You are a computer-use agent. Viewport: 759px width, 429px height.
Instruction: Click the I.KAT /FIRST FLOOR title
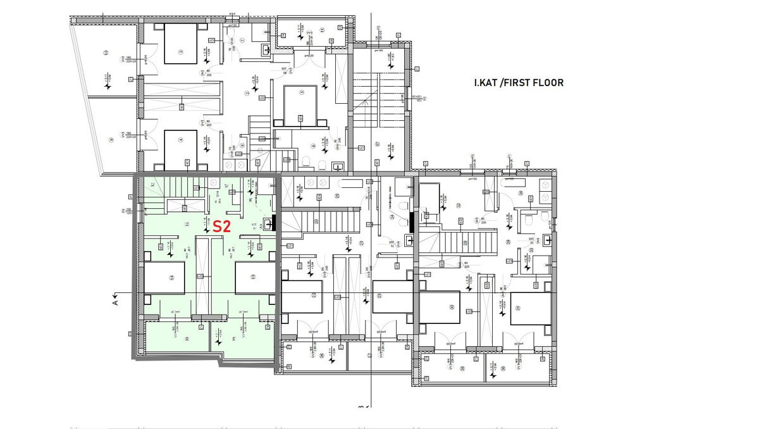pyautogui.click(x=519, y=83)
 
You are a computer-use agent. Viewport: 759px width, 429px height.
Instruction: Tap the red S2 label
pyautogui.click(x=221, y=227)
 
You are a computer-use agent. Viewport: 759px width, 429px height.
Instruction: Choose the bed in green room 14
pyautogui.click(x=164, y=278)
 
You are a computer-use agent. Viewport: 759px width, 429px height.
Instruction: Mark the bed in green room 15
pyautogui.click(x=255, y=278)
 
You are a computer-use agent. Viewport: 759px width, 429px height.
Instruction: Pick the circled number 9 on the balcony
pyautogui.click(x=110, y=140)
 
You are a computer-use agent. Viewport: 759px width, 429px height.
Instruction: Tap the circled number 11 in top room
pyautogui.click(x=321, y=30)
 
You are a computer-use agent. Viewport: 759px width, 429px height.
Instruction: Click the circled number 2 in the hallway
pyautogui.click(x=247, y=92)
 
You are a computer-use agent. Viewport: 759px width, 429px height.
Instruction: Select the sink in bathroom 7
pyautogui.click(x=267, y=49)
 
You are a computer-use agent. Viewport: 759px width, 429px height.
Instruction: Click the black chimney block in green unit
pyautogui.click(x=274, y=223)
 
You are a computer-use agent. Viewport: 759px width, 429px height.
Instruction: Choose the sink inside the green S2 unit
pyautogui.click(x=264, y=224)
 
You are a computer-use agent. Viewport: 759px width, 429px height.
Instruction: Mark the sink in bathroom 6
pyautogui.click(x=338, y=168)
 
